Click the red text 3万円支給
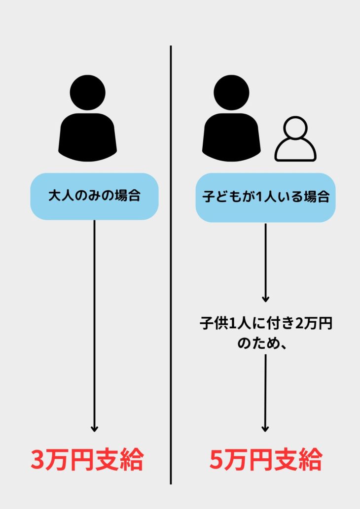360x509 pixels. point(87,459)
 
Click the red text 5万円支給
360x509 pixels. point(266,459)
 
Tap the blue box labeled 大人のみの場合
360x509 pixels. point(94,197)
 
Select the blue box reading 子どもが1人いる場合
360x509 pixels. point(265,198)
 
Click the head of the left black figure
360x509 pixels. point(88,93)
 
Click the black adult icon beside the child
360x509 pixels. point(231,118)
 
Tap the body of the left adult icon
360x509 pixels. point(88,137)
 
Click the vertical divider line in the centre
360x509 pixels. point(171,265)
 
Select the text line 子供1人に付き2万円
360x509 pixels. point(266,324)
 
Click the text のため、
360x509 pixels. point(262,343)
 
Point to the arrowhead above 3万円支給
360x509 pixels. point(94,429)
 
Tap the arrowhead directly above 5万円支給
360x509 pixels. point(265,429)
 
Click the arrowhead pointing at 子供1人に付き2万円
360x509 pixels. point(265,299)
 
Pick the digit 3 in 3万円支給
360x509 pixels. point(37,460)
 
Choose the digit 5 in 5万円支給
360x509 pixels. point(216,460)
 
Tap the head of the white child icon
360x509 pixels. point(295,128)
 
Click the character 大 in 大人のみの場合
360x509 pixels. point(55,196)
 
